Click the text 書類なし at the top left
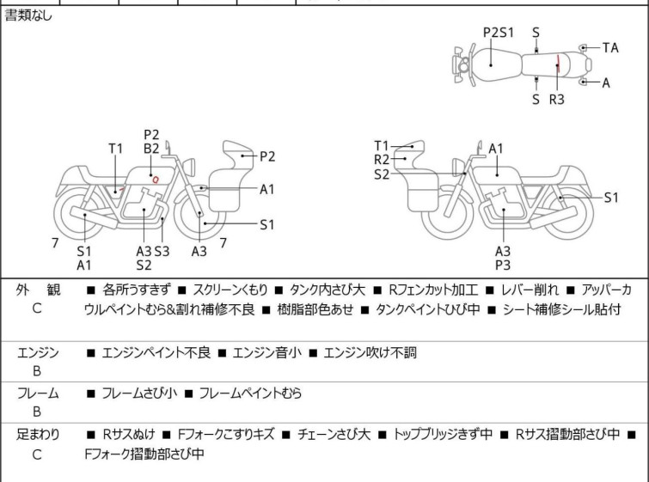pyautogui.click(x=29, y=15)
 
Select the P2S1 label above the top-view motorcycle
pyautogui.click(x=498, y=32)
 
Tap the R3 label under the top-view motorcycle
pyautogui.click(x=557, y=100)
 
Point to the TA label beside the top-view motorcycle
pyautogui.click(x=610, y=48)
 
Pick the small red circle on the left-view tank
pyautogui.click(x=156, y=179)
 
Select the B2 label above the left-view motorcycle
pyautogui.click(x=151, y=149)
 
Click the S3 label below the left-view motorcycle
pyautogui.click(x=162, y=251)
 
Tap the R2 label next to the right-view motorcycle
pyautogui.click(x=382, y=160)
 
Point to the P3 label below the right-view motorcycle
pyautogui.click(x=503, y=265)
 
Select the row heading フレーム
pyautogui.click(x=39, y=394)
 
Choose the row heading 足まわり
pyautogui.click(x=39, y=435)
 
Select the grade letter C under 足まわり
pyautogui.click(x=37, y=455)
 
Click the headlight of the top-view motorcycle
pyautogui.click(x=464, y=64)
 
